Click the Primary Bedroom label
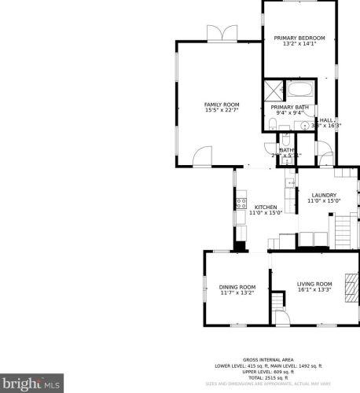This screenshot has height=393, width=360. (299, 38)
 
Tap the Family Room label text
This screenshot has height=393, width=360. (222, 105)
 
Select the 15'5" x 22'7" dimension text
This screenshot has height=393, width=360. (222, 111)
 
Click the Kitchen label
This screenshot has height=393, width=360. (265, 207)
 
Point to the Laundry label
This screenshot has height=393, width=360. (324, 195)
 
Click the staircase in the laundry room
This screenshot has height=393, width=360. (343, 231)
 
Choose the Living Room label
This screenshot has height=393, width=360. (315, 284)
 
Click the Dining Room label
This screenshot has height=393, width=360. (237, 287)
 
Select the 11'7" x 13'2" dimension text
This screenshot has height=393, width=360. (237, 293)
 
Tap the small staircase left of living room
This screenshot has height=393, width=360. (276, 302)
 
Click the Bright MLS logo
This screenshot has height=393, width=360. (31, 384)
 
